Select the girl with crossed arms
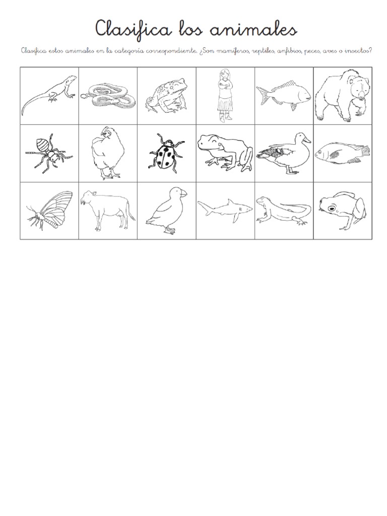pos(224,96)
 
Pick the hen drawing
pos(105,153)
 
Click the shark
pos(224,209)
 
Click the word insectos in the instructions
pos(356,50)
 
